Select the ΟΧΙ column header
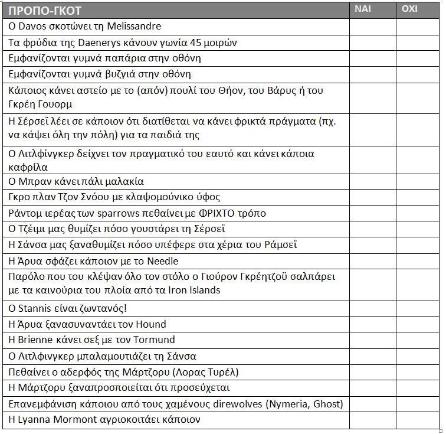point(409,9)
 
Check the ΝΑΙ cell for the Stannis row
point(372,308)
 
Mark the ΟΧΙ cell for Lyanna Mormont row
point(418,420)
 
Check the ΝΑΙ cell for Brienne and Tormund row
point(372,340)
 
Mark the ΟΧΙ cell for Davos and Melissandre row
point(418,27)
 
